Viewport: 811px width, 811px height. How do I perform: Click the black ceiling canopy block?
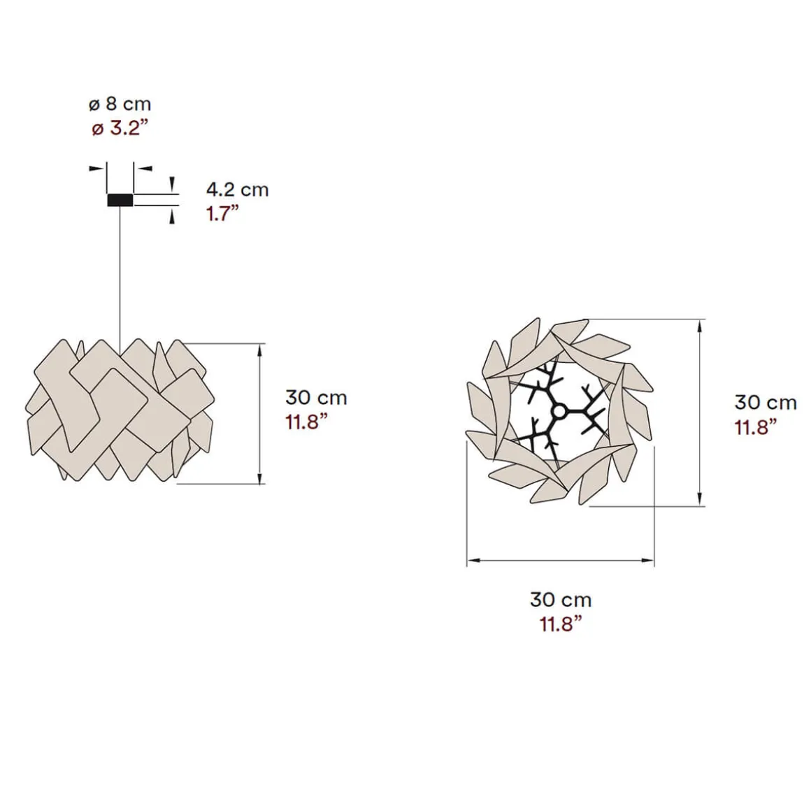[x=120, y=200]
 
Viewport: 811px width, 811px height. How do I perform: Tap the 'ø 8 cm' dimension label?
[x=120, y=104]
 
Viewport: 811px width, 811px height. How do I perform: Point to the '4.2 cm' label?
[x=238, y=190]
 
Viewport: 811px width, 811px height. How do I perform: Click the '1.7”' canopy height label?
[x=223, y=214]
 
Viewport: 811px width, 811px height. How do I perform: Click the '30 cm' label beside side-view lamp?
[x=316, y=398]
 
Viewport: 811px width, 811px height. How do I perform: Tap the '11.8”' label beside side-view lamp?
[x=307, y=422]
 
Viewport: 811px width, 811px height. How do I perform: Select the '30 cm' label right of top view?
[x=766, y=403]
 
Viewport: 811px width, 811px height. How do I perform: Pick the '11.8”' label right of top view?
[x=756, y=427]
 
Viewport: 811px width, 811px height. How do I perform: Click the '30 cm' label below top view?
[x=561, y=600]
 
